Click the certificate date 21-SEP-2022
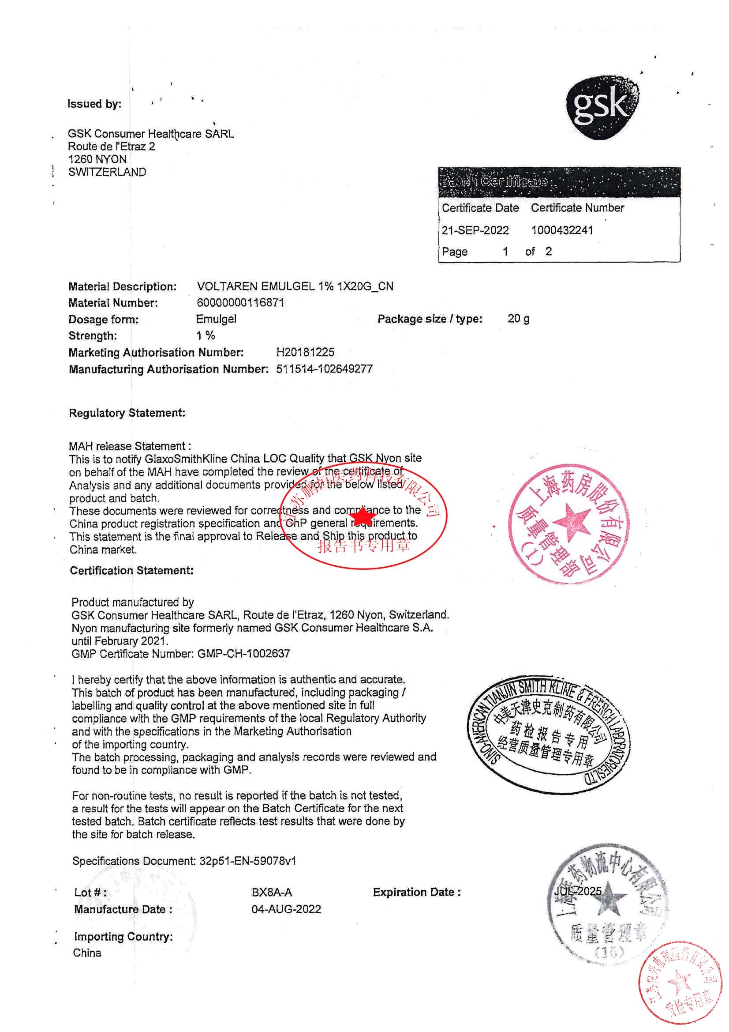tap(475, 230)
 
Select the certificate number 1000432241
tap(562, 230)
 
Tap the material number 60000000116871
tap(240, 302)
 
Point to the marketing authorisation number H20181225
tap(305, 352)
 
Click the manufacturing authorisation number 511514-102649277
tap(324, 369)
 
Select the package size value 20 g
tap(518, 319)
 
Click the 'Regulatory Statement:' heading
tap(127, 413)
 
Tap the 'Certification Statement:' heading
tap(131, 570)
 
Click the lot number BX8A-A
tap(272, 892)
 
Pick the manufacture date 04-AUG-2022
tap(286, 909)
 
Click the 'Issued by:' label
tap(94, 104)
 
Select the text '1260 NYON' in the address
tap(97, 159)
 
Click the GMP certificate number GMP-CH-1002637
tap(243, 654)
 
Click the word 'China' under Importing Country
tap(87, 953)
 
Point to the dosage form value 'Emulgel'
tap(216, 319)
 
